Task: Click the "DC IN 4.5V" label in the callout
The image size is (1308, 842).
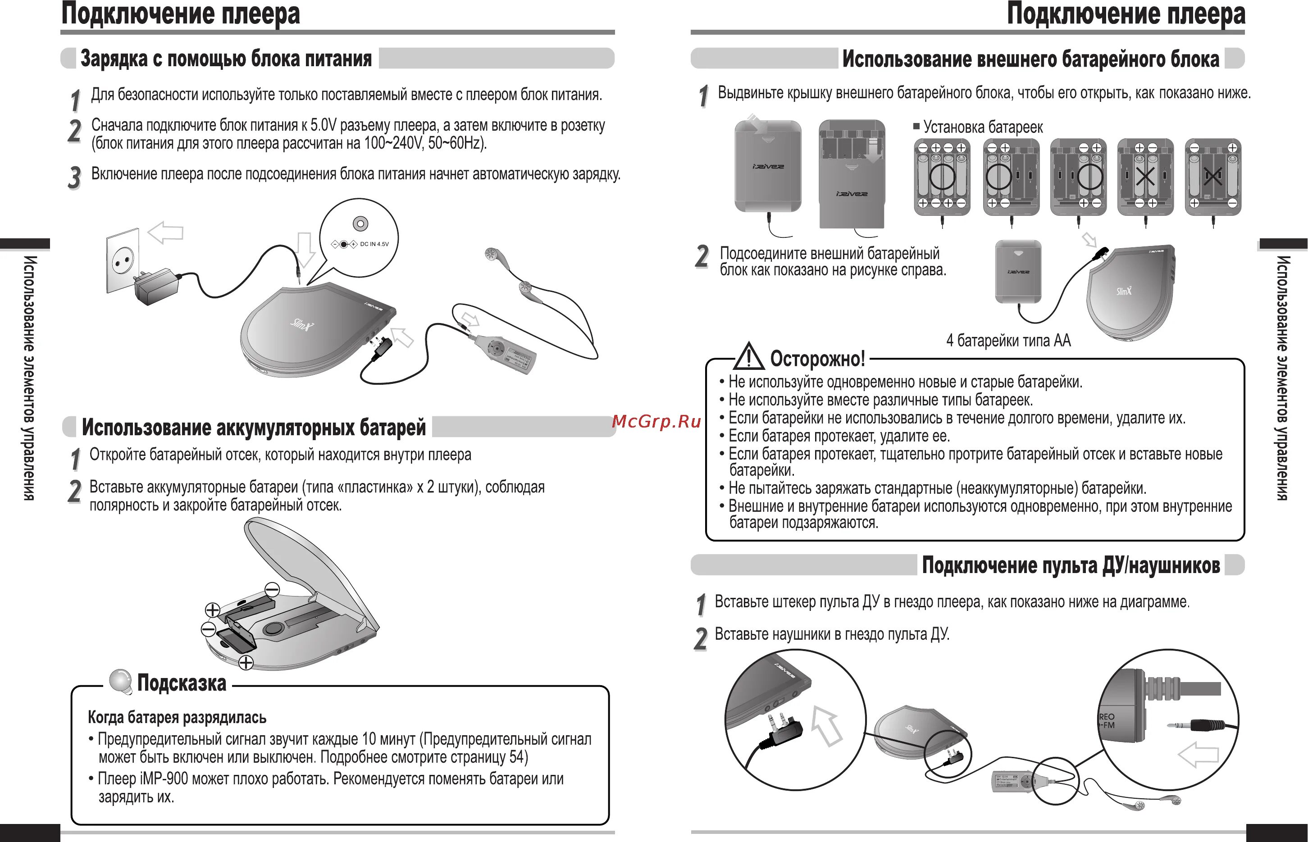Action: (374, 244)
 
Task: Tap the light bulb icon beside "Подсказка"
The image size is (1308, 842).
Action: (120, 681)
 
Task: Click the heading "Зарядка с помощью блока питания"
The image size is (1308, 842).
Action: (226, 59)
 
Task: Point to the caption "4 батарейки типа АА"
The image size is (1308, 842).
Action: (1008, 341)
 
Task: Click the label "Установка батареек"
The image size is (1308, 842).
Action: (983, 127)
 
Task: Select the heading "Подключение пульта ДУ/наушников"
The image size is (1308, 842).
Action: (1071, 565)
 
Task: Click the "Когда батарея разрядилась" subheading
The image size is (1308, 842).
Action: (177, 717)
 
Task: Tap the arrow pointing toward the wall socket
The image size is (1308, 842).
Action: (165, 232)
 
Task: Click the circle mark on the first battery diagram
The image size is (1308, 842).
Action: (942, 176)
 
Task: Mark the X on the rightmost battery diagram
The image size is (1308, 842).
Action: (1212, 177)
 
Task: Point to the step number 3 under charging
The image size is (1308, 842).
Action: (74, 178)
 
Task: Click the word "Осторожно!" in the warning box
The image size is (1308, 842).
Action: (817, 359)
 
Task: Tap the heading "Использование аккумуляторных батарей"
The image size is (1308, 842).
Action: (253, 428)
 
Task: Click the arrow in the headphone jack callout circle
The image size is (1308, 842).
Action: (1198, 755)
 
